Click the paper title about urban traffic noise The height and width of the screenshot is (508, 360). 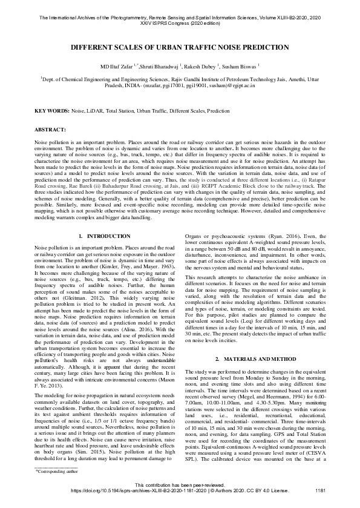click(x=180, y=46)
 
